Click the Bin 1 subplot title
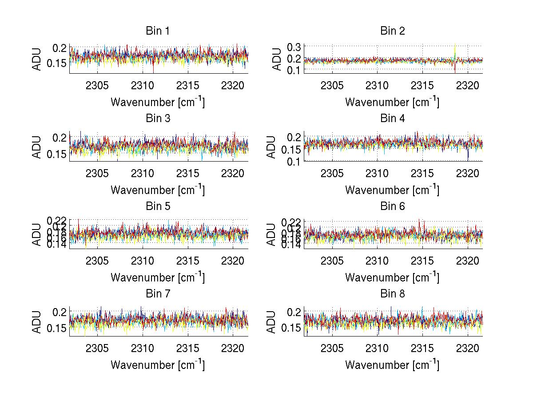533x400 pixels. pos(158,31)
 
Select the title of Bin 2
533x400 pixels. pos(393,31)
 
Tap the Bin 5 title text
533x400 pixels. pos(158,206)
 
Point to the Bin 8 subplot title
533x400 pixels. pos(393,294)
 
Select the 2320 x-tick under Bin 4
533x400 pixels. pos(468,173)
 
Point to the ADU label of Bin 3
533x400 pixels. pos(37,147)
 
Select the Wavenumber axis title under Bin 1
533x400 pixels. pos(158,102)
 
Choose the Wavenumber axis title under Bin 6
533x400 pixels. pos(393,277)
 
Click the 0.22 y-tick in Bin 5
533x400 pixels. pos(57,220)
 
